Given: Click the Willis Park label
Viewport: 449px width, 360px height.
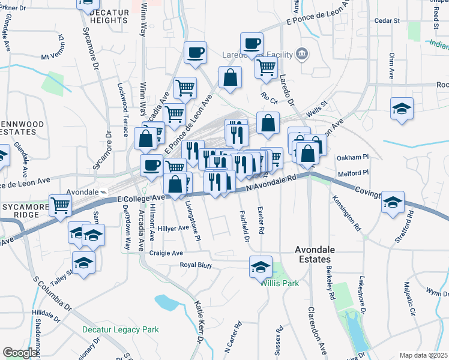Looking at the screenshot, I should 279,283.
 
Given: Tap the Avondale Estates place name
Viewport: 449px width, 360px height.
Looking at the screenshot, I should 312,254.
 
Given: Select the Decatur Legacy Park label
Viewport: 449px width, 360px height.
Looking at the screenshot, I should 120,329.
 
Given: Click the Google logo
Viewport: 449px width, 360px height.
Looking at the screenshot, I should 20,353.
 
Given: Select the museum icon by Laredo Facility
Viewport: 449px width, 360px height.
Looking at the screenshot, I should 302,55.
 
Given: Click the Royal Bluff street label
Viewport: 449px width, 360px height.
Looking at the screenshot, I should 197,265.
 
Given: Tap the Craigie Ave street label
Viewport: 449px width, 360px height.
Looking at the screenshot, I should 166,253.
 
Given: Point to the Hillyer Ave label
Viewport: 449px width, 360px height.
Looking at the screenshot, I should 173,228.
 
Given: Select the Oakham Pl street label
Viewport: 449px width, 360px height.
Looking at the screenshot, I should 352,157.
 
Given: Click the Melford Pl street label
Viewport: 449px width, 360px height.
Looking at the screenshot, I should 352,173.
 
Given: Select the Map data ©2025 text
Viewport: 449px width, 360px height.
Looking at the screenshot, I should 423,355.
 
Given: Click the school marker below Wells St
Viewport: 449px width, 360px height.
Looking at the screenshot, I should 402,108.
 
